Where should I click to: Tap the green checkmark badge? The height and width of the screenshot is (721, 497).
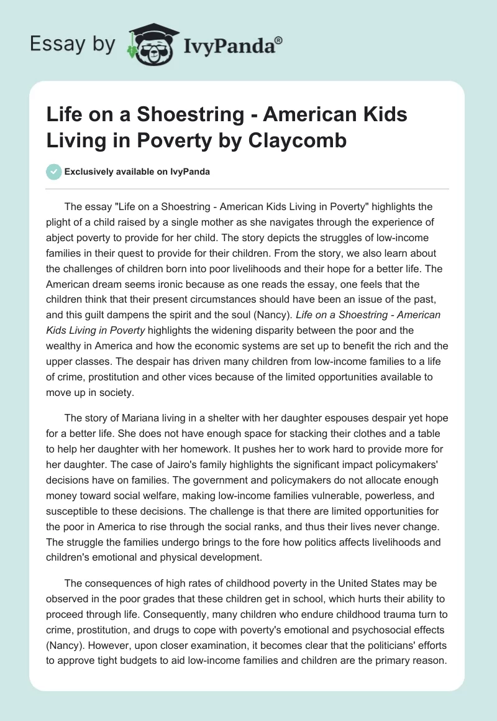tap(54, 171)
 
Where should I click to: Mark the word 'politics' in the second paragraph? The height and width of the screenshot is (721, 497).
tap(314, 541)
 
